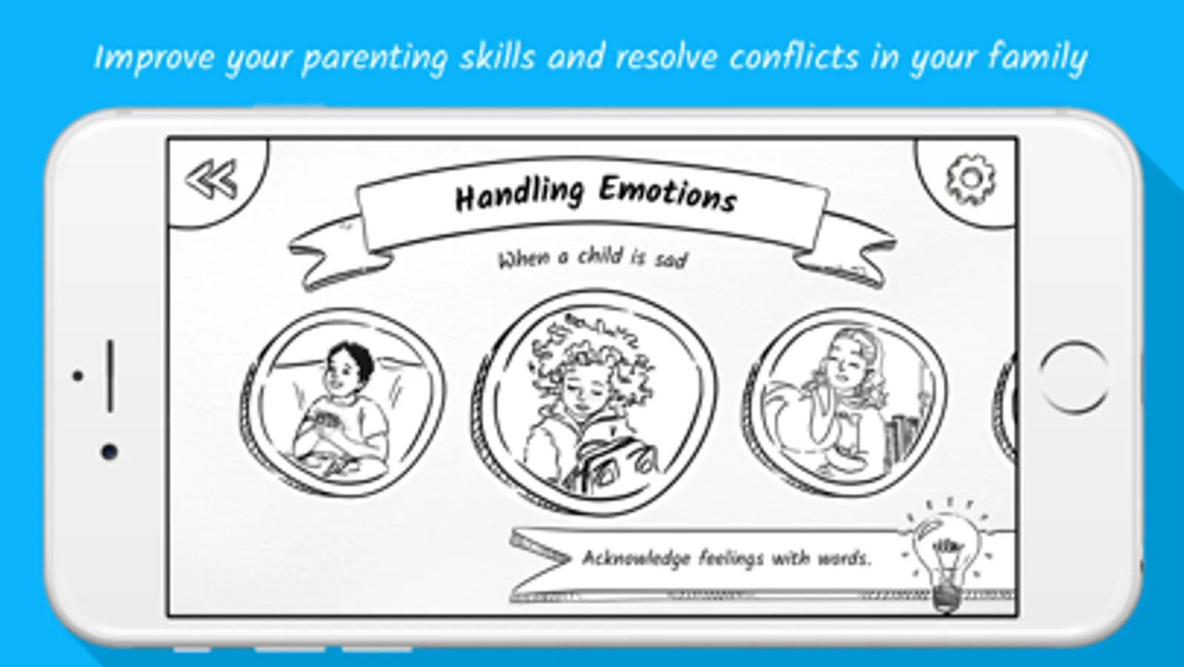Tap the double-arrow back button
point(211,180)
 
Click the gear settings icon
point(971,180)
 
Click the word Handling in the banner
point(520,195)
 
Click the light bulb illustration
point(946,555)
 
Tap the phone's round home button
point(1074,376)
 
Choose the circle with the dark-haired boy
point(343,404)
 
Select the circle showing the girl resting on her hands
point(844,402)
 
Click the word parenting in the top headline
point(375,59)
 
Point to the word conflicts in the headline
point(793,57)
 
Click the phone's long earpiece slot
point(110,376)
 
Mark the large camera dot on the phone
point(110,452)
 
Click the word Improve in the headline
point(154,59)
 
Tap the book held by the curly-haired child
point(613,463)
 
